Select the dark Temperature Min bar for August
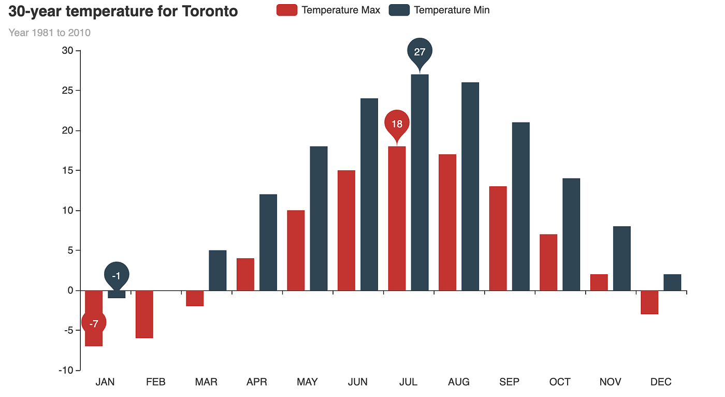(470, 186)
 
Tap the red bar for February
(144, 314)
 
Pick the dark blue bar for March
(218, 270)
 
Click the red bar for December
(649, 302)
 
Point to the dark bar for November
(622, 258)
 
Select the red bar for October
(548, 262)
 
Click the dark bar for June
(369, 194)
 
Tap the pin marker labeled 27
(419, 52)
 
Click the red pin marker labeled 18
(397, 124)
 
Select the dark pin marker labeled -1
(117, 275)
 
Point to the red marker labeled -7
(94, 324)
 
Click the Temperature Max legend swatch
(287, 10)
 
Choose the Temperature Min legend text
(452, 10)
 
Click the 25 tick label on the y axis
(67, 91)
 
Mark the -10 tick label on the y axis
(65, 371)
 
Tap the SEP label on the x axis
(509, 382)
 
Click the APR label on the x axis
(257, 382)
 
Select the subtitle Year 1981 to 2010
(50, 33)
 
